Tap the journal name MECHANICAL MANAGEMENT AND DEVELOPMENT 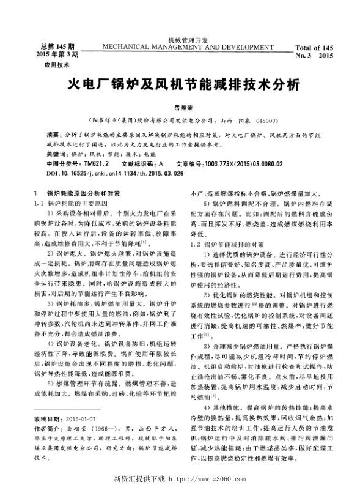180,46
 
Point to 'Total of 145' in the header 313,47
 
